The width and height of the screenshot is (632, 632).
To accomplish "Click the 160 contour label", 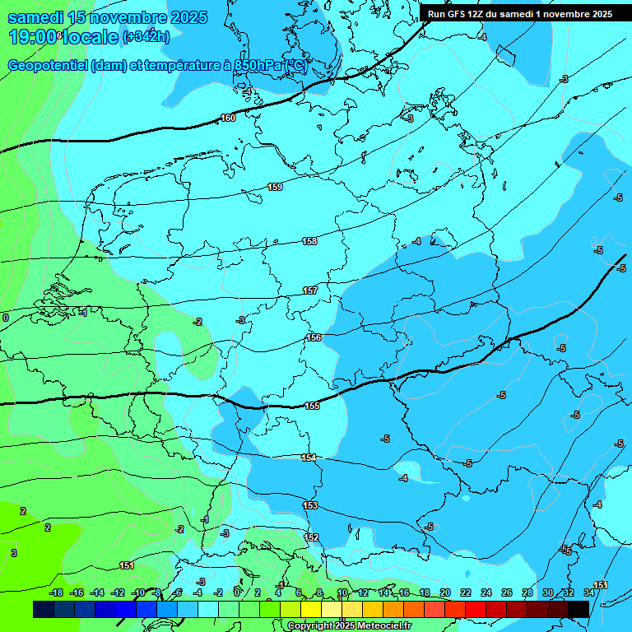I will coord(228,118).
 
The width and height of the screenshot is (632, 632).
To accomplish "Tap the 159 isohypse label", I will coord(275,188).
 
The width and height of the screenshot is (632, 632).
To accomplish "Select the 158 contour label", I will coord(309,241).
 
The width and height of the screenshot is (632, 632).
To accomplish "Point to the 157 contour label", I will coord(310,290).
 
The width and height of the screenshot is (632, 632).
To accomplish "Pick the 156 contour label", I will coord(314,337).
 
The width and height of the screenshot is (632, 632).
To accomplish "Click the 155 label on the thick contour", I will coord(312,406).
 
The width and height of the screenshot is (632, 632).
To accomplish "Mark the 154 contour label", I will coord(309,458).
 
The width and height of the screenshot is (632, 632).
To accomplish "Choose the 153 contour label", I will coord(310,505).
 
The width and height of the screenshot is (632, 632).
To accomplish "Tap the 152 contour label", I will coord(311,537).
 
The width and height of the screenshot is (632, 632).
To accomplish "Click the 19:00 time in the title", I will coord(33,37).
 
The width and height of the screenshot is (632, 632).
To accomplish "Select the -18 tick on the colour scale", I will coord(56,592).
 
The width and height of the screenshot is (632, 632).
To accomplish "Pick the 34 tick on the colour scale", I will coord(589,592).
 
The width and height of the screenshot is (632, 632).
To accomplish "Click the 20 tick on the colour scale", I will coord(445,592).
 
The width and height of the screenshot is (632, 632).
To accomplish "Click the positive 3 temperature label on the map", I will coord(13,553).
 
